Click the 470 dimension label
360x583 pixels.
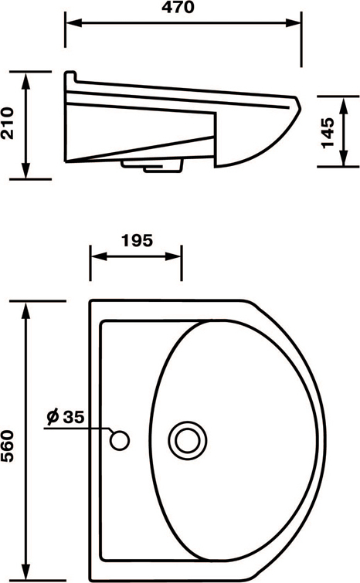coord(178,8)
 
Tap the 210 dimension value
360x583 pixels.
coord(8,123)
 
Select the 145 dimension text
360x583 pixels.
coord(328,133)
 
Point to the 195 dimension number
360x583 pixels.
coord(137,241)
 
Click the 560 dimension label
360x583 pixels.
coord(8,446)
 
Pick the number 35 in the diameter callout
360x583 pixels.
coord(73,417)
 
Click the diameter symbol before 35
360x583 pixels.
coord(53,416)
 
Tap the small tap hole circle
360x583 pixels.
coord(120,441)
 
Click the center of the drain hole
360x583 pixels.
coord(187,441)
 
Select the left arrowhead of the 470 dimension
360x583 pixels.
coord(73,23)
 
